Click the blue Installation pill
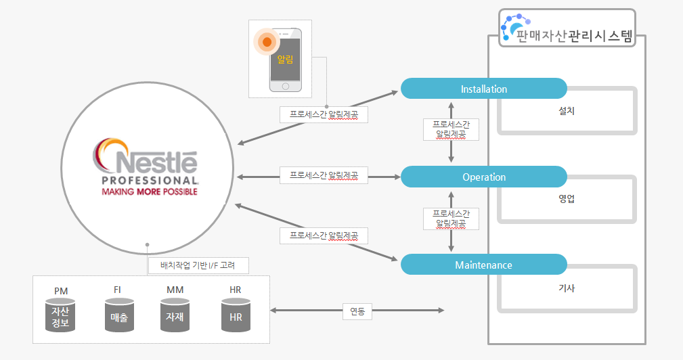[x=483, y=89]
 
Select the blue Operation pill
[x=483, y=177]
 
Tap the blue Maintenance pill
[x=483, y=265]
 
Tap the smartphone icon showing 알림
[x=285, y=60]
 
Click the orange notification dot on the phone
[x=267, y=42]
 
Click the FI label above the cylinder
[x=118, y=290]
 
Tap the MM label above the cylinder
[x=175, y=290]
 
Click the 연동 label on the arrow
[x=357, y=311]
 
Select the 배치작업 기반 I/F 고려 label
[x=198, y=264]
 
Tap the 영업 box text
[x=567, y=199]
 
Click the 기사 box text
[x=567, y=288]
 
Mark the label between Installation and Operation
[x=451, y=129]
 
